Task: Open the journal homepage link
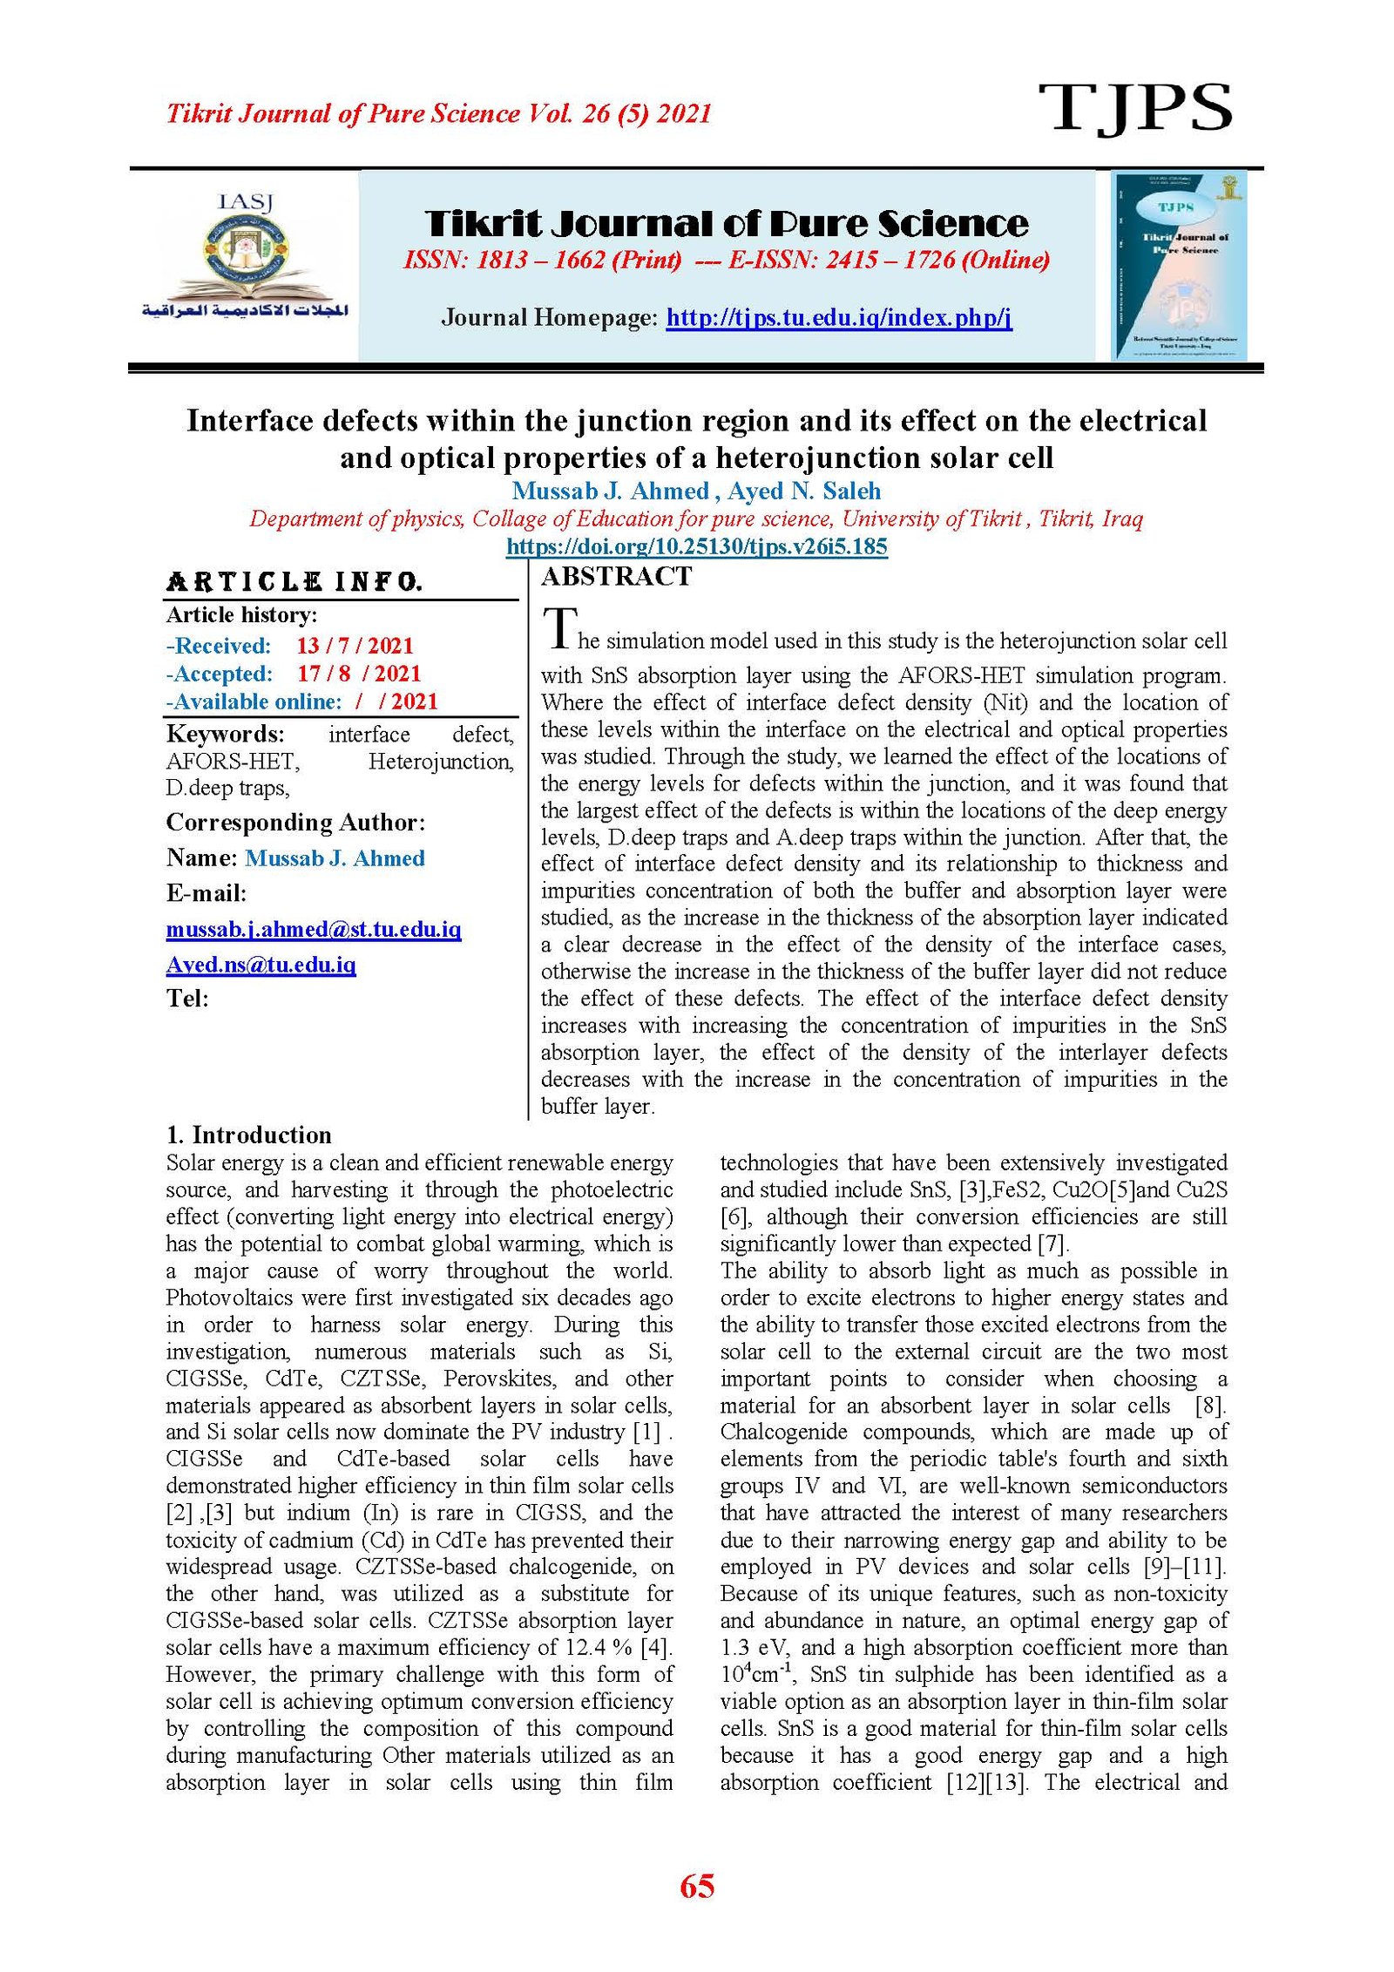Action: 838,317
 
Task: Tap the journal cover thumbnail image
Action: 1179,266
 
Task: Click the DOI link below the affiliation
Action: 696,547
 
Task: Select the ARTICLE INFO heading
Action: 294,582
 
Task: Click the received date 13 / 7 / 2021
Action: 355,646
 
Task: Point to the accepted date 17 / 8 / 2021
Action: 358,674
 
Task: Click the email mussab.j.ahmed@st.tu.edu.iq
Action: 314,929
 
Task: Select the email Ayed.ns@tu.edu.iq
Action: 261,965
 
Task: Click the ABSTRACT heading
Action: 616,577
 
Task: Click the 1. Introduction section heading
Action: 248,1135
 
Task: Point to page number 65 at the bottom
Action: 696,1887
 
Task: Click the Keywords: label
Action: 225,734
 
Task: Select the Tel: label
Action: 187,999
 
